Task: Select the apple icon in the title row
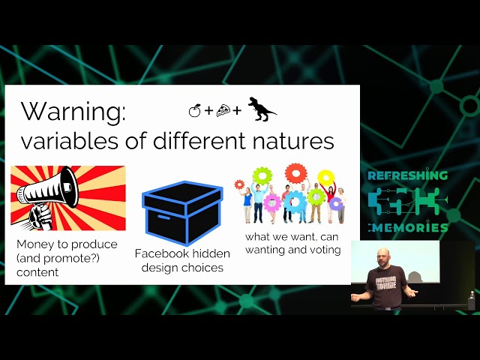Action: click(194, 111)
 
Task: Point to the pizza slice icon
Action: click(223, 111)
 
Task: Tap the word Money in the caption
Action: click(34, 244)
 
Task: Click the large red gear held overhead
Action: click(295, 172)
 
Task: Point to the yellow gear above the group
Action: click(325, 178)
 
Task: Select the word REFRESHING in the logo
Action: click(407, 175)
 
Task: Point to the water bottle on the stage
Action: click(471, 299)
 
